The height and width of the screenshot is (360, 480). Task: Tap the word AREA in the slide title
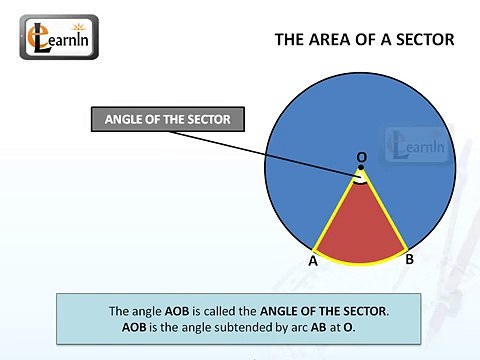tap(342, 40)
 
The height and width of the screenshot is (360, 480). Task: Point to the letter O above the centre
tap(361, 157)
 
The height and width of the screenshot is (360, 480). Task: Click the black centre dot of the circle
tap(361, 168)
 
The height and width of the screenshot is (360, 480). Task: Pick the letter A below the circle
tap(313, 262)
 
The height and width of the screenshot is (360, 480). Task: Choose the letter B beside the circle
tap(409, 259)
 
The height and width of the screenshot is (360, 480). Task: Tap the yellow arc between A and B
tap(360, 263)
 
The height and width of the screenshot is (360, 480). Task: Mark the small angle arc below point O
tap(361, 182)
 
